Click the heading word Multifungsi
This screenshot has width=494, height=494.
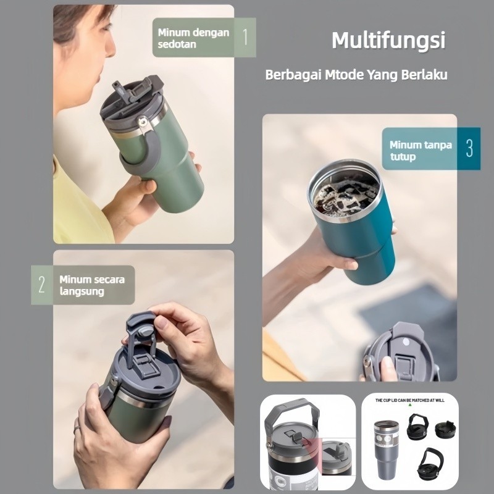click(x=388, y=41)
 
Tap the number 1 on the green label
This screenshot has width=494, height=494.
click(x=245, y=37)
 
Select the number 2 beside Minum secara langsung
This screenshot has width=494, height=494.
click(x=41, y=285)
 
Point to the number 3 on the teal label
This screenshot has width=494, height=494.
click(x=469, y=148)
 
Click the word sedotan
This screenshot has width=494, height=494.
click(x=177, y=44)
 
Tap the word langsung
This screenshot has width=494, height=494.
click(x=82, y=291)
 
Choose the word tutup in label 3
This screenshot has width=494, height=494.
click(x=403, y=157)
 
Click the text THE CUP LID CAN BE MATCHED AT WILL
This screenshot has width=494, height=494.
click(x=409, y=400)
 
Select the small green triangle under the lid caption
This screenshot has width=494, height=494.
click(x=410, y=405)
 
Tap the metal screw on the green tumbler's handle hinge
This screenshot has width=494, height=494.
click(x=143, y=122)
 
